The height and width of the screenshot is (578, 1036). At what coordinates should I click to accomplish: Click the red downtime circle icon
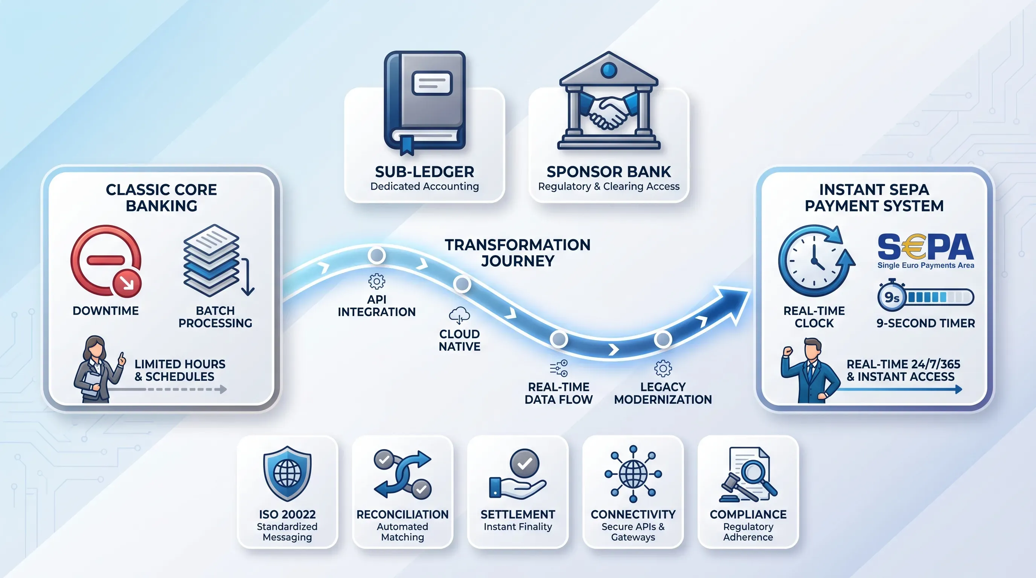(106, 261)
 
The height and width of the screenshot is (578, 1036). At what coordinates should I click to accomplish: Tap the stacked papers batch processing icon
(212, 260)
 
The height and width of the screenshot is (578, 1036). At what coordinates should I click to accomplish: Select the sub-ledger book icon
(424, 103)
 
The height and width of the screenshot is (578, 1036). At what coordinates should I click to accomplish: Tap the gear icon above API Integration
(376, 281)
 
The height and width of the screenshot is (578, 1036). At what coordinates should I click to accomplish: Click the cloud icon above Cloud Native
(459, 315)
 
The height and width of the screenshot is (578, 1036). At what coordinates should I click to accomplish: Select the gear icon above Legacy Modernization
(663, 368)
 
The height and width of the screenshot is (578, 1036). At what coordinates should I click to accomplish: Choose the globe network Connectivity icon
(633, 474)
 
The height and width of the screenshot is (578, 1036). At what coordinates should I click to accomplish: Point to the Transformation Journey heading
(518, 253)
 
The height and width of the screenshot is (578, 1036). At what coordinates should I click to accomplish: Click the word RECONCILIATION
(402, 514)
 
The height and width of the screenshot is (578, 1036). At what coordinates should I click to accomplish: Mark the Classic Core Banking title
(161, 197)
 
